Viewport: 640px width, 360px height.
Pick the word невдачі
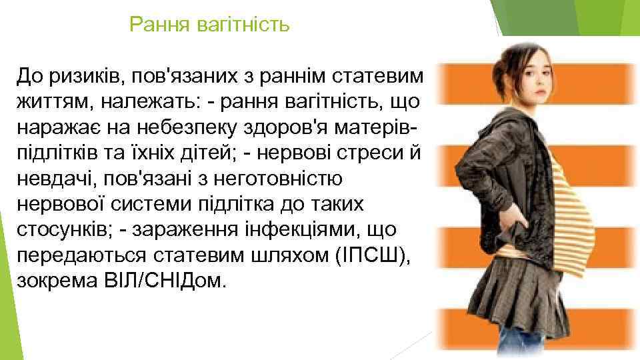click(x=53, y=179)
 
